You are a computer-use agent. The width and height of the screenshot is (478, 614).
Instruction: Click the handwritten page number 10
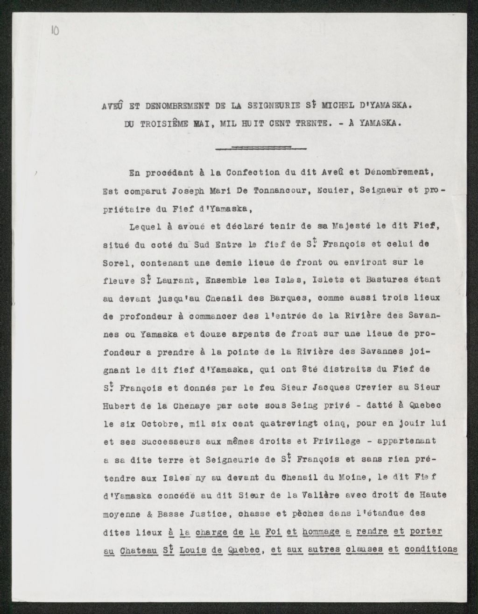(x=55, y=31)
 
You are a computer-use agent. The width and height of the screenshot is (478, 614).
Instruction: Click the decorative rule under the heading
(x=261, y=148)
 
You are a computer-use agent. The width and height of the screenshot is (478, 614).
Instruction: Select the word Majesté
(x=344, y=225)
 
